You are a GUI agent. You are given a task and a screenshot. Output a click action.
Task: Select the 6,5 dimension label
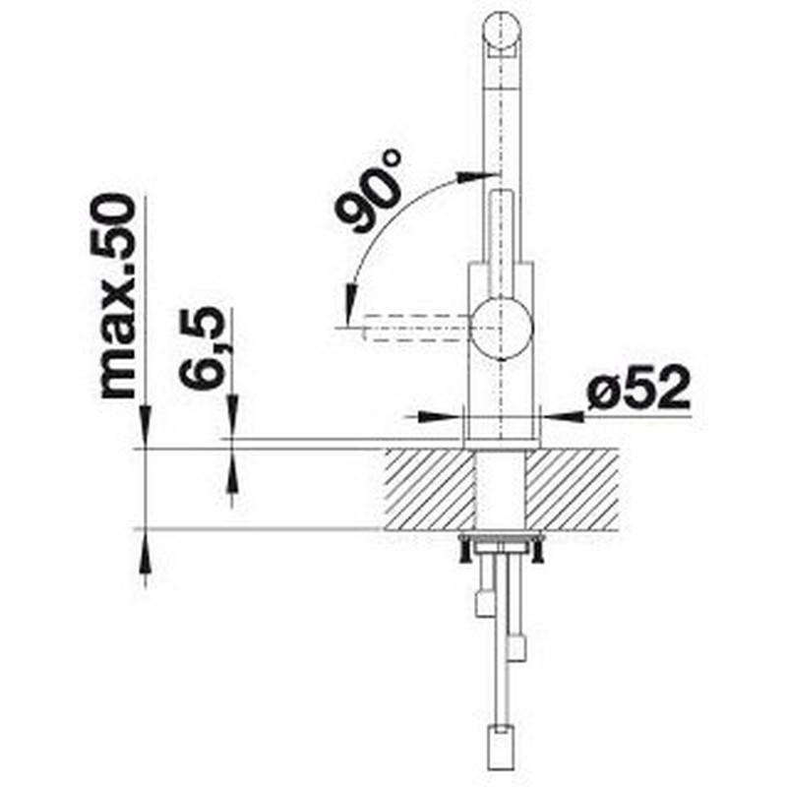point(203,347)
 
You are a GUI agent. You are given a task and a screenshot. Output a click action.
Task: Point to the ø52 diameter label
point(637,387)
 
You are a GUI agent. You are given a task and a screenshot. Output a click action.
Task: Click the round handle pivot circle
point(501,328)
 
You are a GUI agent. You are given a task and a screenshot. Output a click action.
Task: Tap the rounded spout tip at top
point(501,30)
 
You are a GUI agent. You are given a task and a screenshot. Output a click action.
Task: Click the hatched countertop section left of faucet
point(430,490)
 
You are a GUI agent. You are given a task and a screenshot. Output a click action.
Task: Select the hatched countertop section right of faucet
point(572,490)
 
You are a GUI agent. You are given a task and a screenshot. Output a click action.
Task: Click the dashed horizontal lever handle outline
point(415,328)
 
